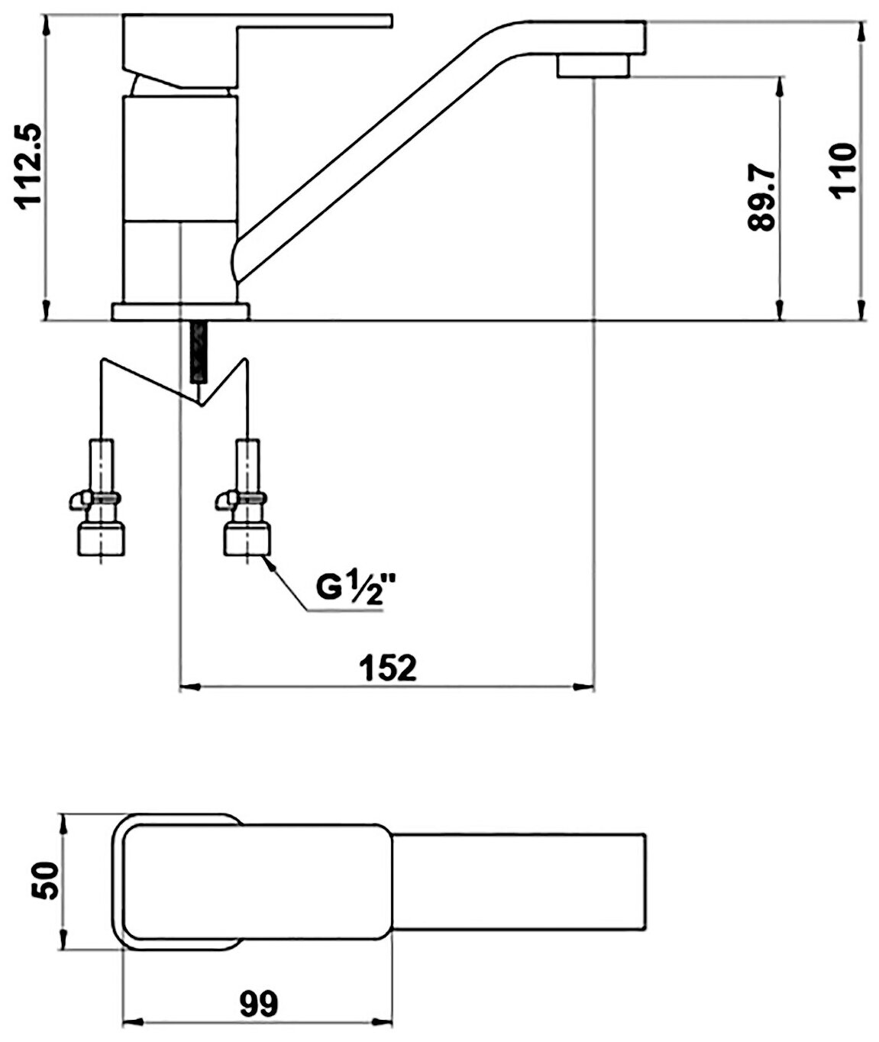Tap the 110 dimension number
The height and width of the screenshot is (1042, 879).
tap(844, 170)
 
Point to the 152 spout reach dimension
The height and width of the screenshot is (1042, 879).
tap(388, 667)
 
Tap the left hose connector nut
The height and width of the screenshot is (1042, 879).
tap(100, 538)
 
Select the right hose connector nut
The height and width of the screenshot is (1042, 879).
tap(246, 538)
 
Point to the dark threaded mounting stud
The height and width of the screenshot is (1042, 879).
tap(198, 352)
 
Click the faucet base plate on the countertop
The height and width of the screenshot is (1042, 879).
tap(180, 312)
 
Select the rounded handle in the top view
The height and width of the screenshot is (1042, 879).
tap(252, 882)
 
